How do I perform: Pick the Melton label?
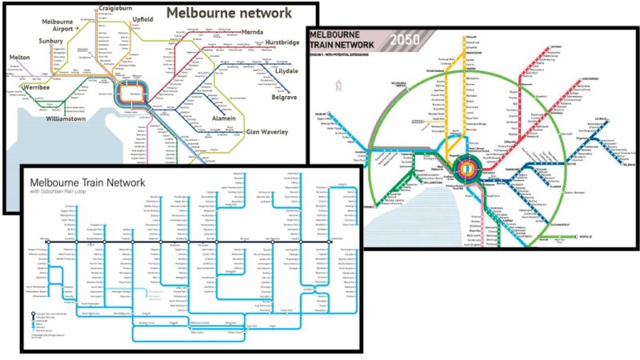click(20, 58)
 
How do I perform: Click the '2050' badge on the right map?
click(410, 39)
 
